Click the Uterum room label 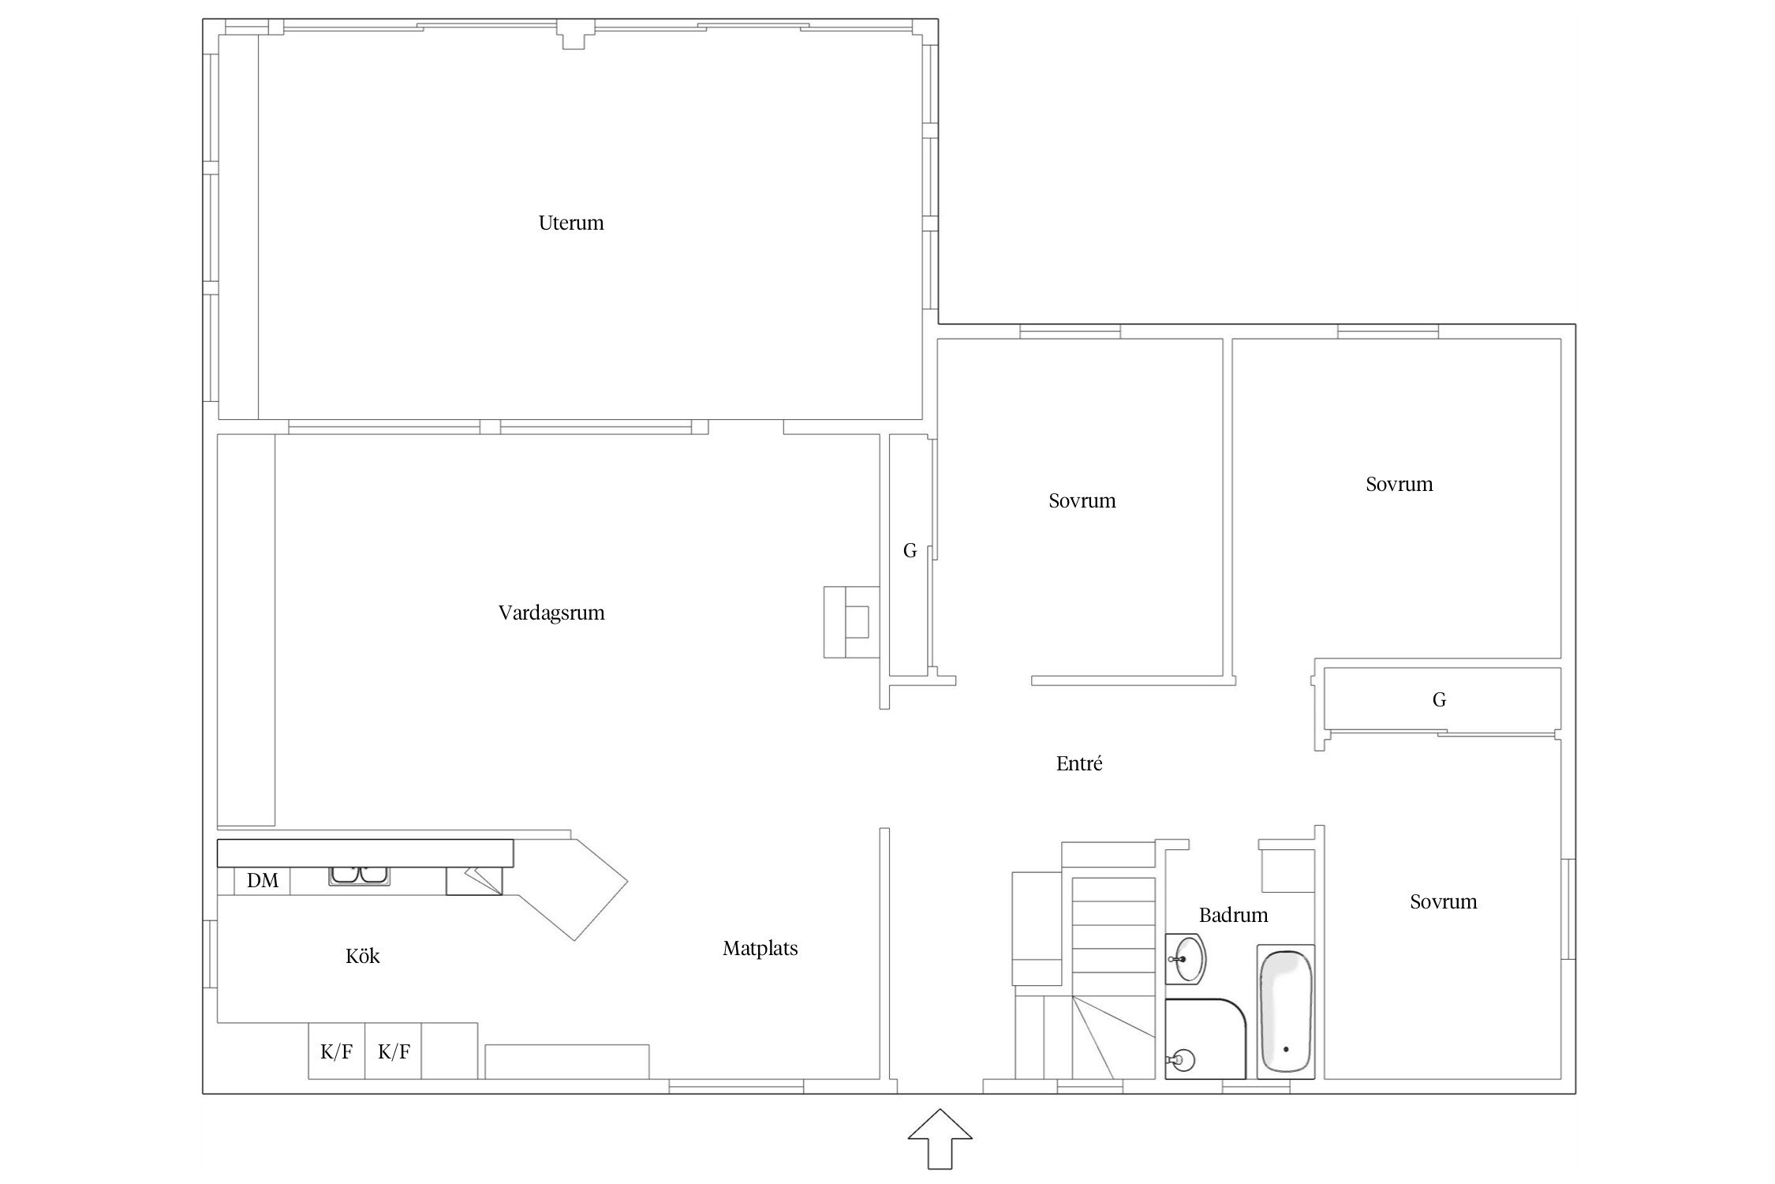click(x=571, y=223)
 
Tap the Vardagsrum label click(x=551, y=613)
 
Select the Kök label click(x=363, y=957)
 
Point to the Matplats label click(x=760, y=949)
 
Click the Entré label click(x=1079, y=763)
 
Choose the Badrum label click(x=1234, y=916)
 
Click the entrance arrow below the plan click(x=940, y=1137)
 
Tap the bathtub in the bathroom click(x=1286, y=1011)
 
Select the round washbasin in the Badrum click(x=1186, y=959)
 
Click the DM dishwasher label click(x=263, y=881)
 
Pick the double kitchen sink click(x=360, y=875)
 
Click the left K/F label click(x=336, y=1051)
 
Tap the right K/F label click(x=394, y=1051)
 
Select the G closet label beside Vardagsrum click(x=910, y=551)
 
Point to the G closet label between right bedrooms click(x=1439, y=699)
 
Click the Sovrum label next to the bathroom click(x=1444, y=901)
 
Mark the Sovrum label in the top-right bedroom click(x=1399, y=484)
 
